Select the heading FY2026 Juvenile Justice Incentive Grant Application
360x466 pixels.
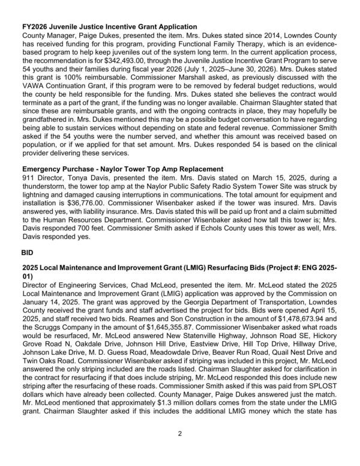click(109, 26)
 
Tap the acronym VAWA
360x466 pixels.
click(34, 86)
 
